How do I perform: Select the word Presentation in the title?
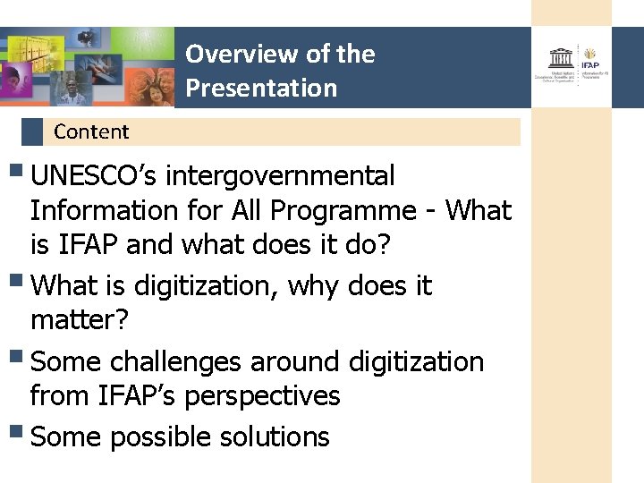[261, 88]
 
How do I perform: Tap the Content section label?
[91, 132]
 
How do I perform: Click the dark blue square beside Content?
[32, 132]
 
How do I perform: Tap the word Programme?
[343, 211]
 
